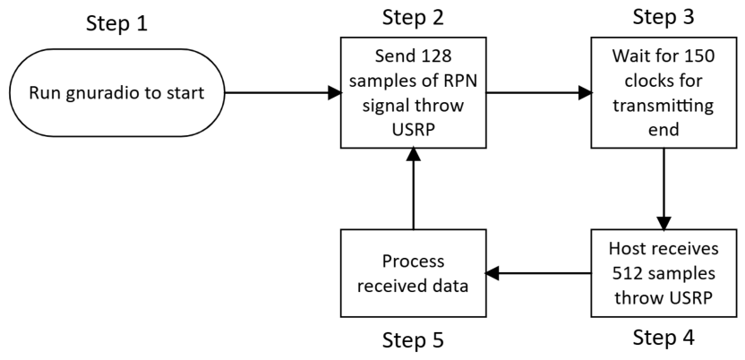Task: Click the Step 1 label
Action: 116,23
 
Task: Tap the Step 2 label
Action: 413,17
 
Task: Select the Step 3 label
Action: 664,17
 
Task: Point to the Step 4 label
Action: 664,338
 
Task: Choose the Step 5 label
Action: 413,339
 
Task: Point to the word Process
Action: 413,261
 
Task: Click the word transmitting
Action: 664,106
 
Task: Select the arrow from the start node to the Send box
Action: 283,92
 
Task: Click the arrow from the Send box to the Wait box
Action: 539,92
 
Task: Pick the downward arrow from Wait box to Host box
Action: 664,189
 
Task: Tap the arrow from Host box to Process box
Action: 538,273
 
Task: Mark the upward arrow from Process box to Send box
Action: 413,189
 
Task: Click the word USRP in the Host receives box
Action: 691,298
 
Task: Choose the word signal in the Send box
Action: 386,106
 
